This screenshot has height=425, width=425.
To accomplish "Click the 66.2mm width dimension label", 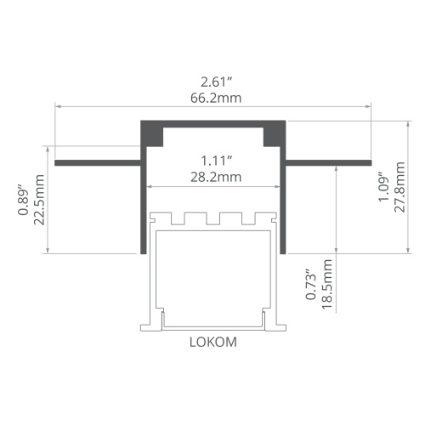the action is (x=216, y=98).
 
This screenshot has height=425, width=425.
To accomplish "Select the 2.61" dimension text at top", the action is (x=217, y=82).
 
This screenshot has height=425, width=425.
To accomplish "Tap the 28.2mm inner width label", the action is (x=216, y=177).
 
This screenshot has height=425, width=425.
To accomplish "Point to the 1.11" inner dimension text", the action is (x=217, y=161).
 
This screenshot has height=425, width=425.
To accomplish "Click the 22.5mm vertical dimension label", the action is (x=39, y=200).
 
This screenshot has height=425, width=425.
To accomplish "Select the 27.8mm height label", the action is (x=399, y=187).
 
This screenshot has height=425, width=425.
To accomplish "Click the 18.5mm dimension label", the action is (x=327, y=284).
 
